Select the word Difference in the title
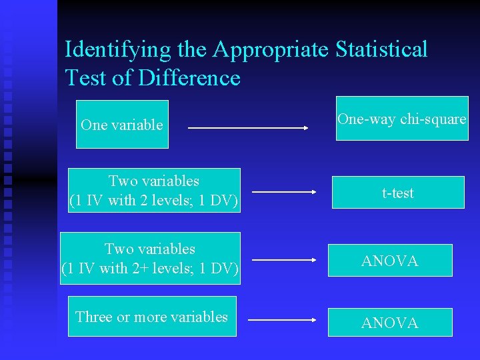pyautogui.click(x=189, y=78)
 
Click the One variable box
pyautogui.click(x=122, y=125)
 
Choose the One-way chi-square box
pyautogui.click(x=401, y=119)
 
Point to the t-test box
pyautogui.click(x=398, y=193)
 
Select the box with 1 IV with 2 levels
pyautogui.click(x=154, y=191)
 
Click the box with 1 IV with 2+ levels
pyautogui.click(x=150, y=258)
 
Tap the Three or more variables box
pyautogui.click(x=152, y=317)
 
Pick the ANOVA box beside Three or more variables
pyautogui.click(x=390, y=323)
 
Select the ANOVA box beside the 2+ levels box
pyautogui.click(x=390, y=261)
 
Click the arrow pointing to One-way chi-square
pyautogui.click(x=248, y=127)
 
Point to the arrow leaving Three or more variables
pyautogui.click(x=282, y=321)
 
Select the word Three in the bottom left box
pyautogui.click(x=94, y=317)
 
